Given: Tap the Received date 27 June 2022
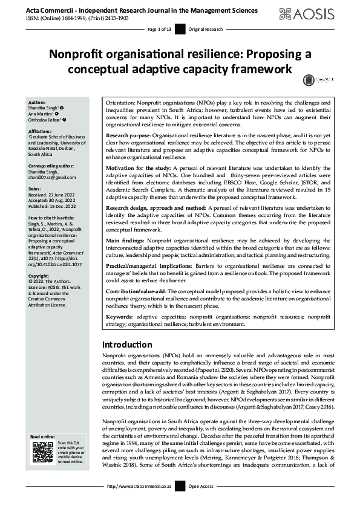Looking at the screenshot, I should (56, 195).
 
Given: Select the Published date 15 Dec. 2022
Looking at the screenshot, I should (57, 206).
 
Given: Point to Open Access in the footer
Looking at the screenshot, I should (201, 502).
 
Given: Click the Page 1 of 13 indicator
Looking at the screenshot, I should (160, 29).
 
